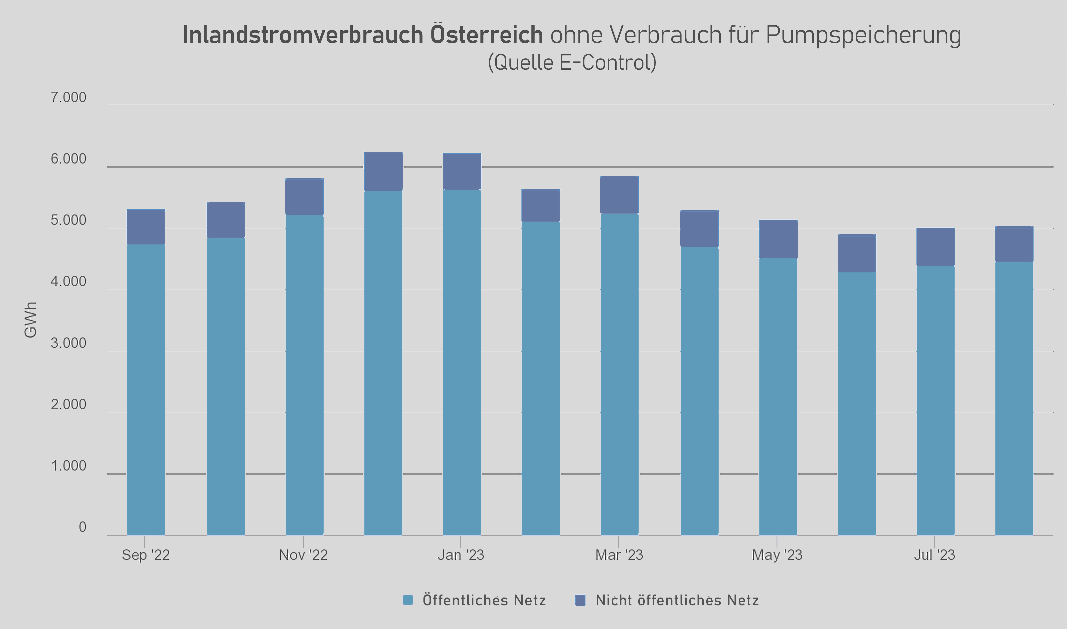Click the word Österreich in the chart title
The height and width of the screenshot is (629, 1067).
tap(486, 35)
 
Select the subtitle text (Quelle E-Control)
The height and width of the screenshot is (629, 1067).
tap(572, 63)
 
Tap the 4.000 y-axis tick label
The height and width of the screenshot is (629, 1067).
tap(68, 281)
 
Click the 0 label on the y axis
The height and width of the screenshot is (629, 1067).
tap(82, 527)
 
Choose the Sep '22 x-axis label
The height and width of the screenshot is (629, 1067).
tap(146, 555)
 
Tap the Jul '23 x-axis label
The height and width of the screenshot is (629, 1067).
tap(934, 555)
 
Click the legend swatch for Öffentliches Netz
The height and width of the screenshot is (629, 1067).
tap(408, 600)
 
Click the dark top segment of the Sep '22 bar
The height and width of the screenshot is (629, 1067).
tap(146, 227)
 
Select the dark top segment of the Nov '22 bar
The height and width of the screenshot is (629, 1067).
tap(304, 197)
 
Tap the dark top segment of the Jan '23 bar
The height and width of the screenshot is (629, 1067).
tap(462, 171)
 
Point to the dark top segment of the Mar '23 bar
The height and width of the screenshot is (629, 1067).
tap(619, 194)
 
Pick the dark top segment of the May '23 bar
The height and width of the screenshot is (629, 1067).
tap(778, 239)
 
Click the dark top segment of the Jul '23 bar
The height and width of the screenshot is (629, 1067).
tap(935, 247)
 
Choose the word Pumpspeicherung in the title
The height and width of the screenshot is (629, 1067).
tap(863, 35)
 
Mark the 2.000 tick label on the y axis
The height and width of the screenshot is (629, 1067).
tap(68, 404)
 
